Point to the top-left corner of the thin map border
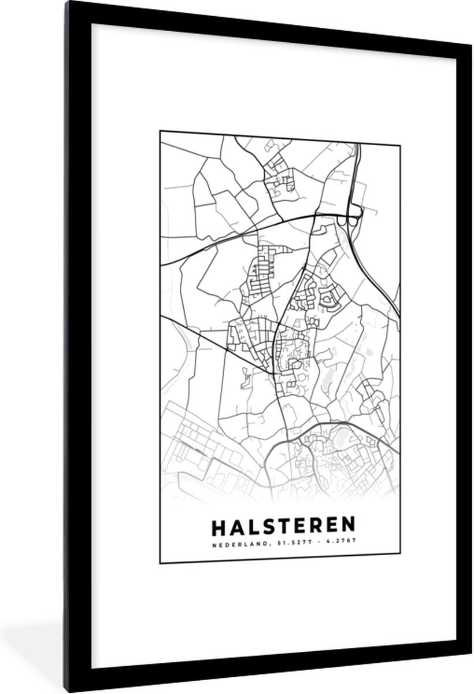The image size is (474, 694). (160, 131)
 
